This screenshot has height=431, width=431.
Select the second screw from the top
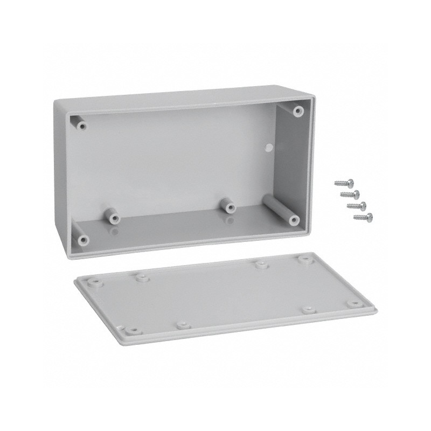tap(349, 193)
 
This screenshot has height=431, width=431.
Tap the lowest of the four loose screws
tap(362, 217)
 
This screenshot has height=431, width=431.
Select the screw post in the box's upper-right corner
tap(297, 111)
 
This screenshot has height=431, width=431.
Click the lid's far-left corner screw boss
tap(94, 281)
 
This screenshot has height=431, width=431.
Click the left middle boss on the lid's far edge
tap(142, 277)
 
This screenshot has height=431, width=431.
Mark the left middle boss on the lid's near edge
tap(183, 325)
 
